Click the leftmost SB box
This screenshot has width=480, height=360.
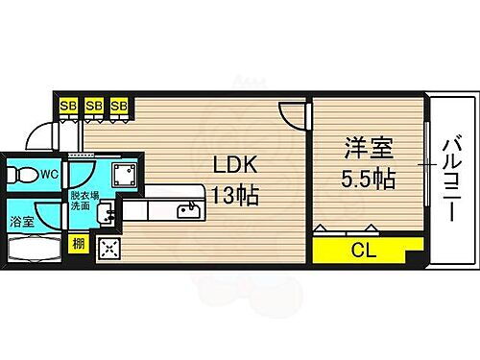click(x=69, y=106)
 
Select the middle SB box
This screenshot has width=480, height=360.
click(x=94, y=106)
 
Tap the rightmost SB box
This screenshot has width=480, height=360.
click(x=119, y=106)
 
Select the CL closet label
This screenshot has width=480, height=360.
click(x=363, y=252)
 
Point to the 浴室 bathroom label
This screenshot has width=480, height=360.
click(x=21, y=219)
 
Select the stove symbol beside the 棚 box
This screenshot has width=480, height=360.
click(x=108, y=250)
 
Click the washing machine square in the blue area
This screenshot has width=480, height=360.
click(x=122, y=176)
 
